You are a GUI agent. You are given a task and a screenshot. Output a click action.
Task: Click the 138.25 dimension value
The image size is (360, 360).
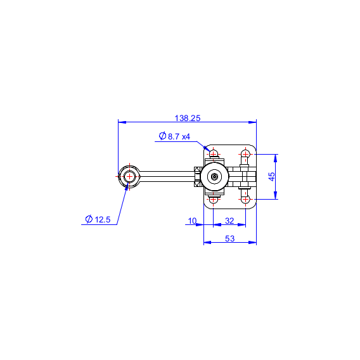click(188, 118)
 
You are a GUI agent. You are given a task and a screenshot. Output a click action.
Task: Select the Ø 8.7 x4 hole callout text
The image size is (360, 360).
click(174, 136)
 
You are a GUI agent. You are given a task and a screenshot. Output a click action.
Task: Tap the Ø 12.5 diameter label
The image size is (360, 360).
click(98, 219)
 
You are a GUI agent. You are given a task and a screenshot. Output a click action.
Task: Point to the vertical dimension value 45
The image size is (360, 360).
click(272, 177)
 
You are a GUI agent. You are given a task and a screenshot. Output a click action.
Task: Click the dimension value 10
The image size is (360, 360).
click(192, 221)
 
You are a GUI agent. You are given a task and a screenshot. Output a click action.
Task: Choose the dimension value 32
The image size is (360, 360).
click(229, 221)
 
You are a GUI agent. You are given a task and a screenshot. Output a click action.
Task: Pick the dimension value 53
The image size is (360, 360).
click(229, 238)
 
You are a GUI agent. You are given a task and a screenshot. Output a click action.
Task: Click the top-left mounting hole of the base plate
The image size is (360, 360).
click(214, 153)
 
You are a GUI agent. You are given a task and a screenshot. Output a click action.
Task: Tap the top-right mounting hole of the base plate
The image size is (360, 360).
click(245, 153)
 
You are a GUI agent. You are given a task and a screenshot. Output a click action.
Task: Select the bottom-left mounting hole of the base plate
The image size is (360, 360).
click(214, 199)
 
